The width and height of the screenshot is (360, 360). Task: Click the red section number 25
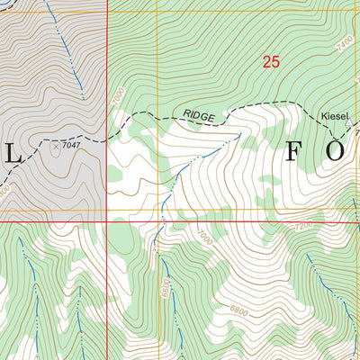tap(271, 62)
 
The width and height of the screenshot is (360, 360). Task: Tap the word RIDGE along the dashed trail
tap(200, 116)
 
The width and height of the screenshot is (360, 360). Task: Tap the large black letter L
tap(13, 154)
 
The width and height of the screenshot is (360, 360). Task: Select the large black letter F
tap(295, 151)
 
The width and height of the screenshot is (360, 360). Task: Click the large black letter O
tap(335, 151)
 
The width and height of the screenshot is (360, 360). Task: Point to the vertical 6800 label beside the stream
tap(166, 287)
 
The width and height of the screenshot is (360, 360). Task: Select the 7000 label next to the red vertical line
tap(115, 94)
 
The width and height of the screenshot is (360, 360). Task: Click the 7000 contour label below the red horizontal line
tap(206, 238)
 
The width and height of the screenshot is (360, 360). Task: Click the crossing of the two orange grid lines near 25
tap(157, 11)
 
